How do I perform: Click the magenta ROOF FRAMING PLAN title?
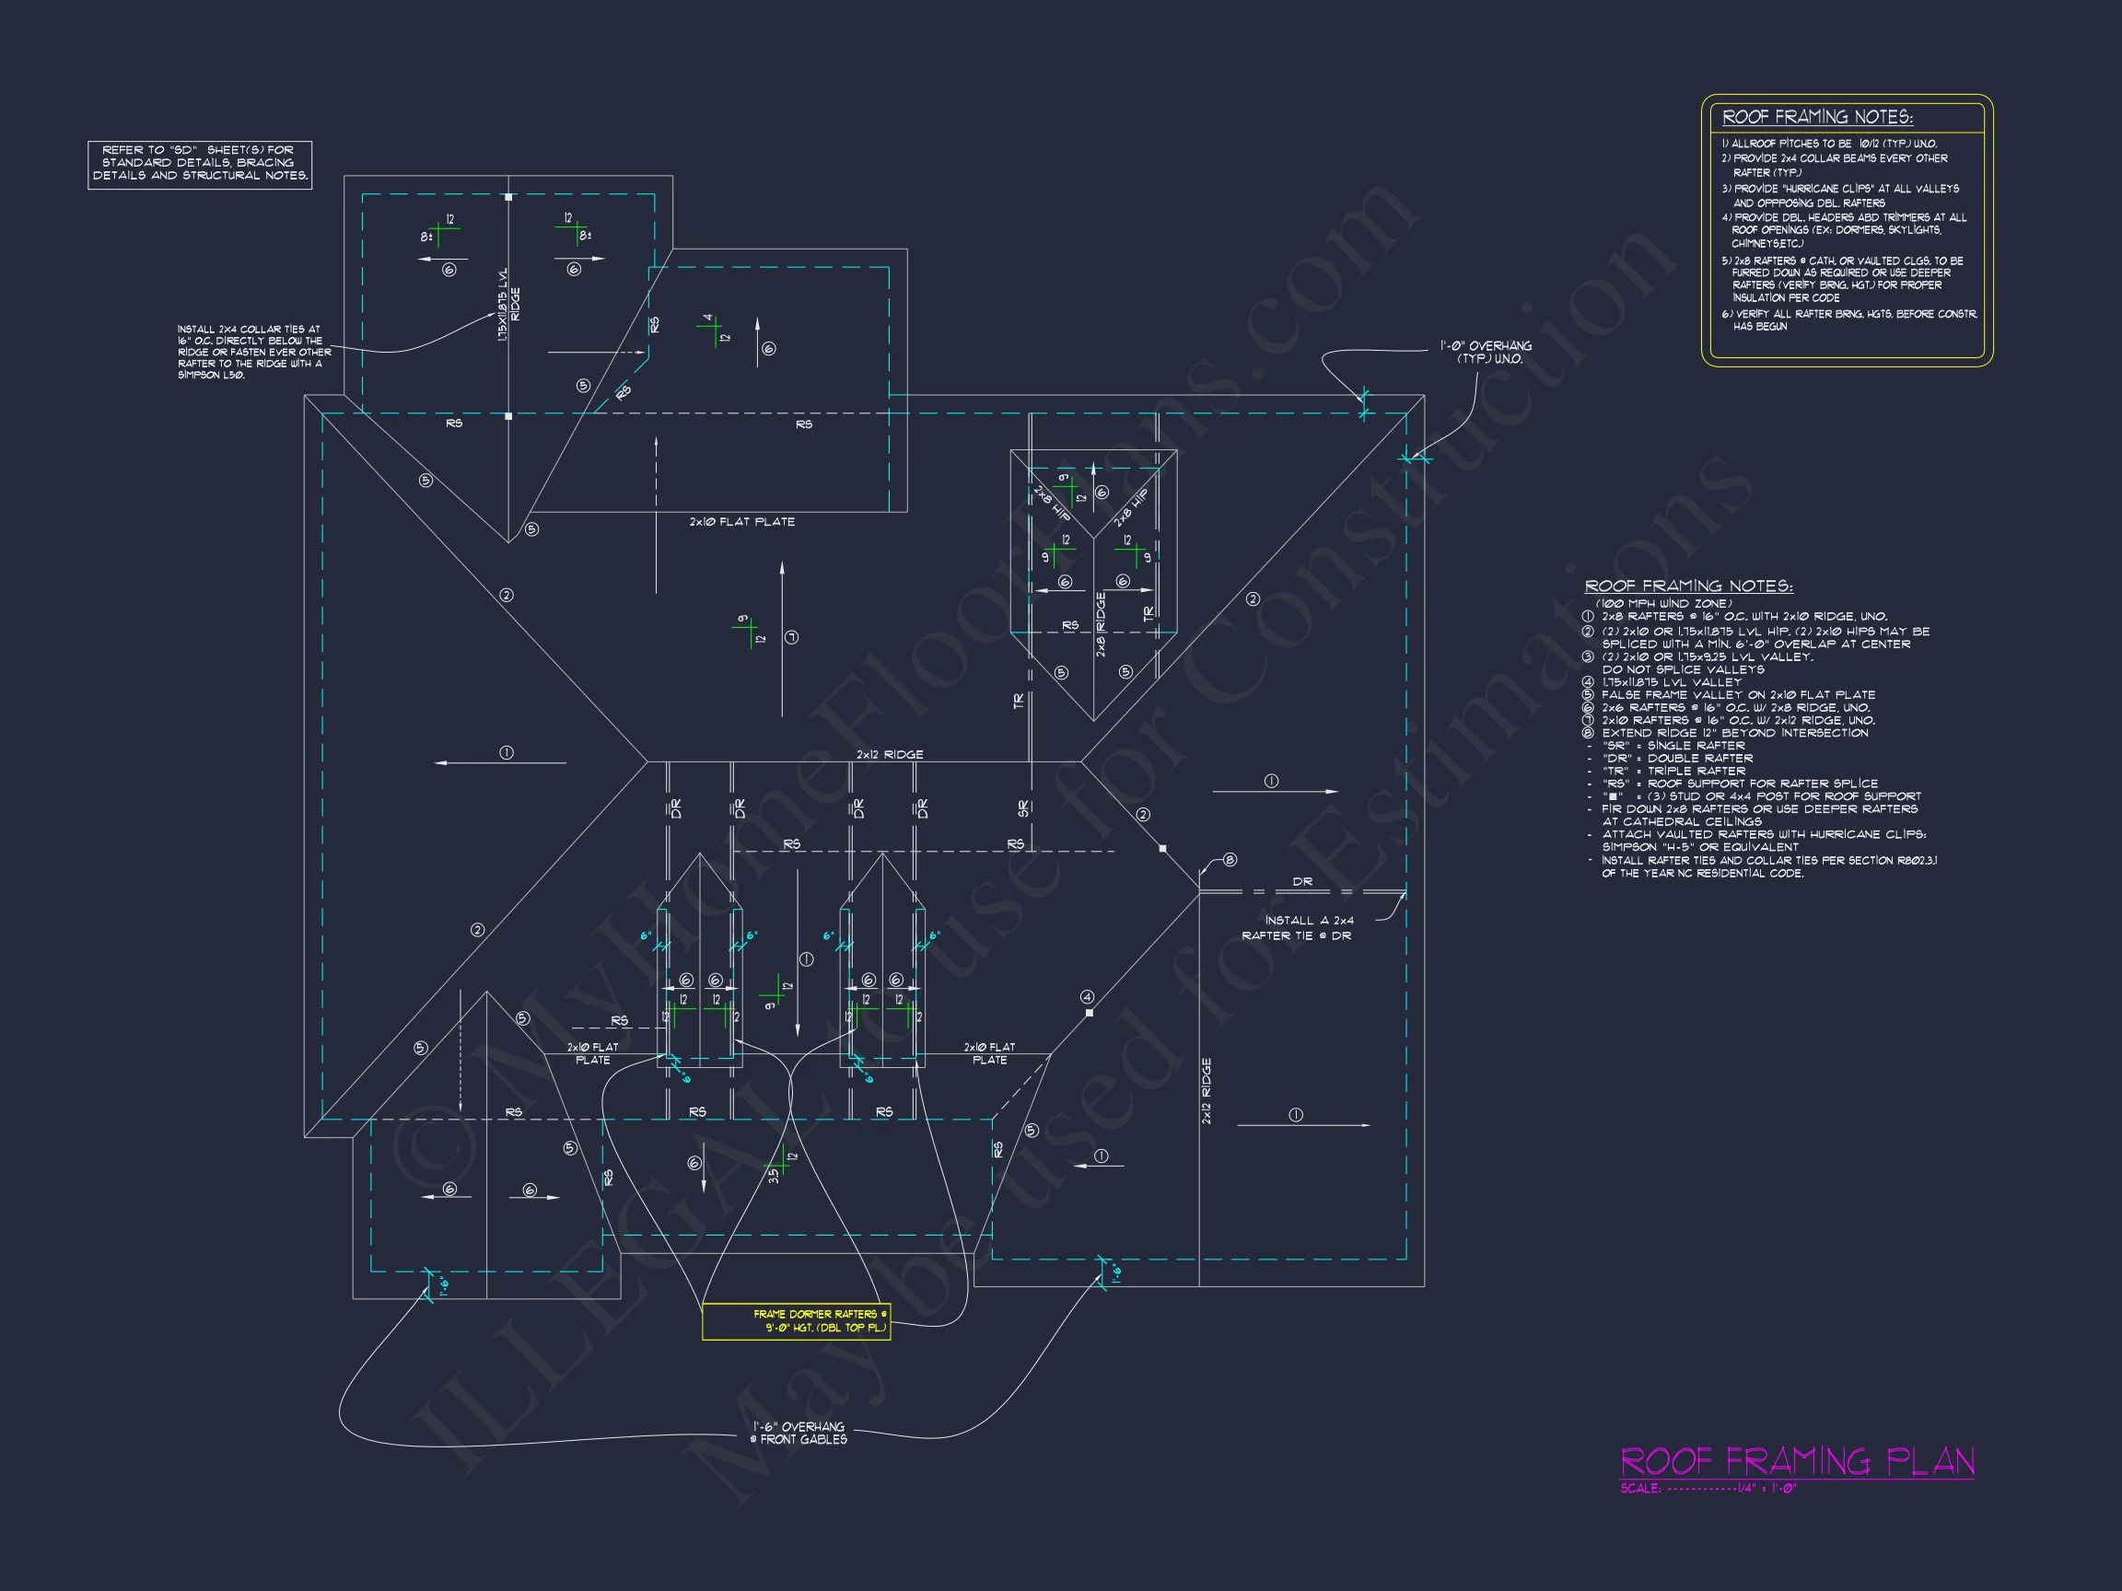1797,1461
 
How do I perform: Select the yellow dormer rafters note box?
797,1321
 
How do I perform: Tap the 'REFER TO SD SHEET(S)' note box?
200,163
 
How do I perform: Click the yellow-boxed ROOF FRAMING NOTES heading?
1817,117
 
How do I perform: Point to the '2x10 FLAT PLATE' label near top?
741,522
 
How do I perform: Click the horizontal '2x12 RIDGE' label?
890,755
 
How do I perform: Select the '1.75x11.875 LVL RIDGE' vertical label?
508,304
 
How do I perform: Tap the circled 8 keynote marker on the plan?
1230,860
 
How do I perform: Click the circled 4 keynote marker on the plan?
1087,997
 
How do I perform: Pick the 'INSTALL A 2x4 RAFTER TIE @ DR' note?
1297,927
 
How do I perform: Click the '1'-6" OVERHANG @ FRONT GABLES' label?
799,1433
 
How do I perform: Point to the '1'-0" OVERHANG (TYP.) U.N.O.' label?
1485,352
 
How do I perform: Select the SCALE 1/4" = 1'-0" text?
1708,1489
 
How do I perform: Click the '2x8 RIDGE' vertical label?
1101,624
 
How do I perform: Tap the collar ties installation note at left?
253,352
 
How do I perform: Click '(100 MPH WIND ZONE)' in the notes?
1663,603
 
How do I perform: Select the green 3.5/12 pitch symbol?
781,1162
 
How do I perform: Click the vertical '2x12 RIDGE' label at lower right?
1206,1090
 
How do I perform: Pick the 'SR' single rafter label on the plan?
1023,808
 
